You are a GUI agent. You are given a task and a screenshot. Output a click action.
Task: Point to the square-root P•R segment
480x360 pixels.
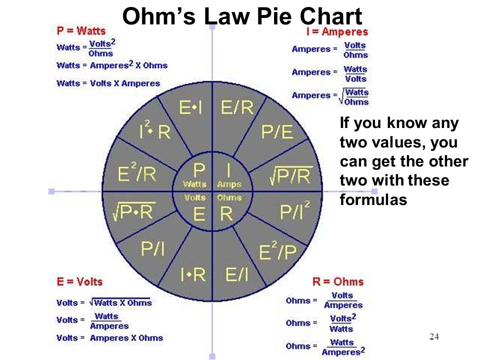pyautogui.click(x=134, y=211)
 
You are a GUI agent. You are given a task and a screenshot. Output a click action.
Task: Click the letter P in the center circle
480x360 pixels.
pyautogui.click(x=199, y=169)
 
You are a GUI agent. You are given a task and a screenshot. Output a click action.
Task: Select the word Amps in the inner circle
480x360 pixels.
pyautogui.click(x=229, y=184)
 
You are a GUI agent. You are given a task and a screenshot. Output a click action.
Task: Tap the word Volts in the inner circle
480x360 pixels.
pyautogui.click(x=194, y=198)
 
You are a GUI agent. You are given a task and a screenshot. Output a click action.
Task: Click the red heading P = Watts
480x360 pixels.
pyautogui.click(x=81, y=31)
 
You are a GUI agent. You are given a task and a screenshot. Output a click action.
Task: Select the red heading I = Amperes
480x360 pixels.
pyautogui.click(x=337, y=31)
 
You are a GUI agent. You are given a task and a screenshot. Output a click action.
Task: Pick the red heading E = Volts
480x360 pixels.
pyautogui.click(x=79, y=281)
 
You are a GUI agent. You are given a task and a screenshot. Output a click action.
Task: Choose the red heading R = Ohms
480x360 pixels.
pyautogui.click(x=338, y=281)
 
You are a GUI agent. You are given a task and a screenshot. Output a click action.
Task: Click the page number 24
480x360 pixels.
pyautogui.click(x=434, y=336)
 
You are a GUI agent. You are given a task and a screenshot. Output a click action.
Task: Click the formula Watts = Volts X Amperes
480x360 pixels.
pyautogui.click(x=108, y=83)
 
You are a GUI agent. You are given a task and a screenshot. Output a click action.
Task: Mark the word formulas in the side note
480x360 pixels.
pyautogui.click(x=373, y=199)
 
